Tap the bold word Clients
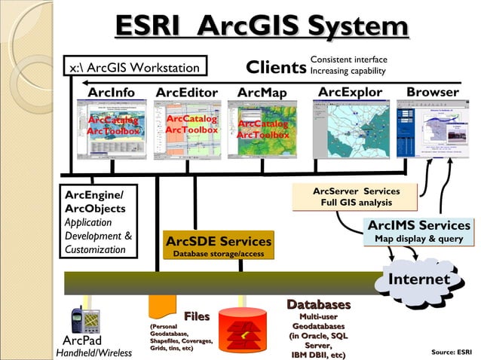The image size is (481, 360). (x=276, y=68)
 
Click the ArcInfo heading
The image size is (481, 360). (x=112, y=93)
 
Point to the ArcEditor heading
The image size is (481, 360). (x=186, y=93)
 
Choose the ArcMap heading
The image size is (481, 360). (x=262, y=93)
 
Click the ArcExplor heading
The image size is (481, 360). (x=350, y=92)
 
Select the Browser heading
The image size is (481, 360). (x=432, y=92)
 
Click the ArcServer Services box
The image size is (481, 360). (x=356, y=197)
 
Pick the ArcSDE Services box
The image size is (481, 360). (x=219, y=246)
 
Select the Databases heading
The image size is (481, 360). (x=318, y=304)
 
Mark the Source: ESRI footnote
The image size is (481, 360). (x=452, y=351)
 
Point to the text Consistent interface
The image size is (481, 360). (x=348, y=59)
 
